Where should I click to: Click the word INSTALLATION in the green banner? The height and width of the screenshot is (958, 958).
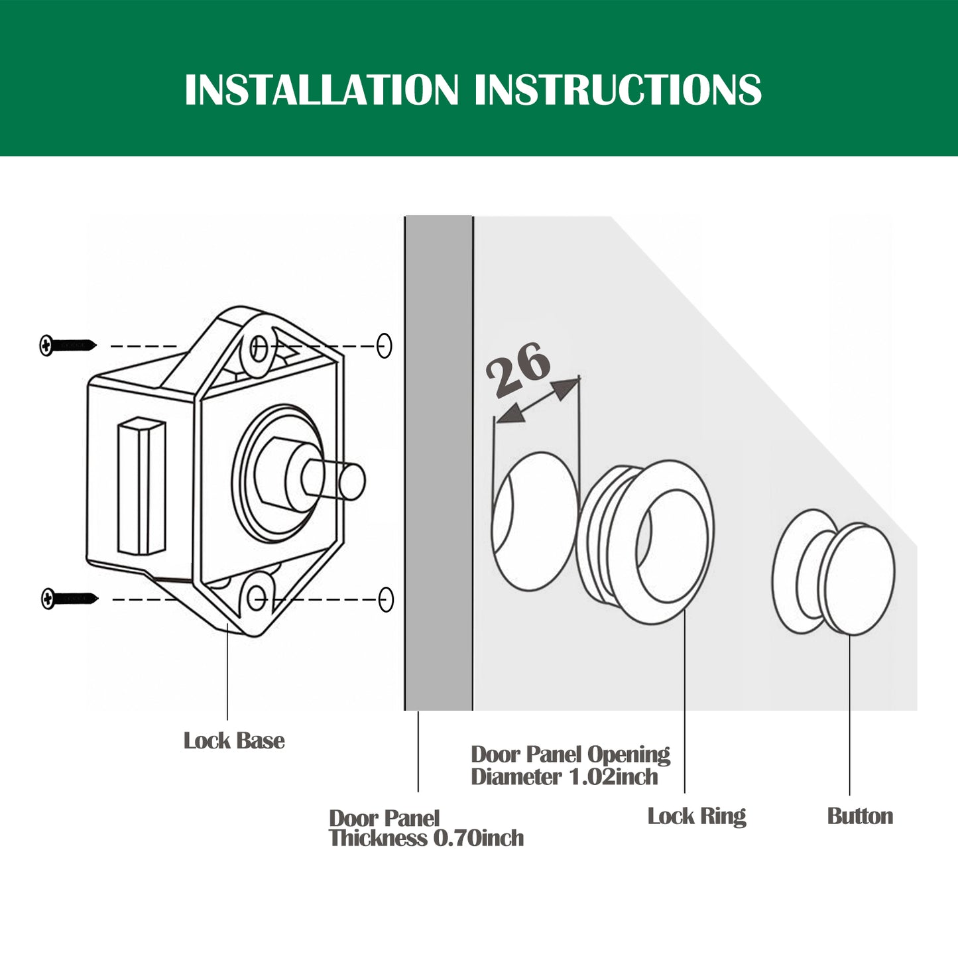[321, 90]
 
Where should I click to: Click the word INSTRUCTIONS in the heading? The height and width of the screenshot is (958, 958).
[618, 90]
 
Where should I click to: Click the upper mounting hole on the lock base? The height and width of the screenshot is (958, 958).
[259, 346]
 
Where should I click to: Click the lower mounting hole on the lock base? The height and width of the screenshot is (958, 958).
[257, 599]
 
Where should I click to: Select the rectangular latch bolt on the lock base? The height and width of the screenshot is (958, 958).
[141, 486]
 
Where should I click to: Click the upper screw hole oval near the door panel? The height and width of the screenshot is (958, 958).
[385, 345]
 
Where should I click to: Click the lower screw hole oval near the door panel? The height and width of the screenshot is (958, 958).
[386, 599]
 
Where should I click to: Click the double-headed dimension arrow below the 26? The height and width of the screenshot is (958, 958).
[538, 400]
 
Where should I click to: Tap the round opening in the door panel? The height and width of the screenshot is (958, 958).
[534, 521]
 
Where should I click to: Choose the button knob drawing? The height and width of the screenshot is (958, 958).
[834, 571]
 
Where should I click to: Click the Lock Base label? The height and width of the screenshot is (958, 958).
[234, 741]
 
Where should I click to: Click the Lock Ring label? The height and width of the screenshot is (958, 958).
[697, 815]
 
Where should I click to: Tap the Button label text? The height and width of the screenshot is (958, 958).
[860, 815]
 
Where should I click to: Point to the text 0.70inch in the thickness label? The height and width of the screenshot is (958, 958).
[478, 838]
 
